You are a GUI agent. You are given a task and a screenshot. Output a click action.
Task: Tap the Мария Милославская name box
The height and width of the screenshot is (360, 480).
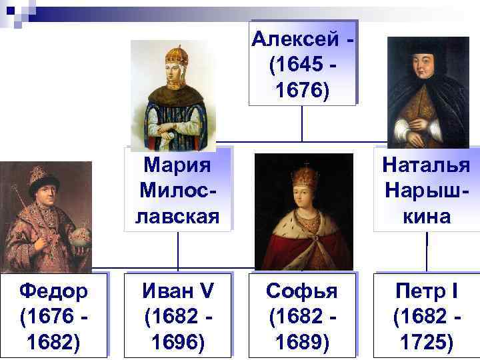177,189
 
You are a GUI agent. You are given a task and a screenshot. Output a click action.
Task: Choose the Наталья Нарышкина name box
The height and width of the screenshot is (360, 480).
427,189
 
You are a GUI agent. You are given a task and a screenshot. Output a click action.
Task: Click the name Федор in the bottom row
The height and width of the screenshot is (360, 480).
53,291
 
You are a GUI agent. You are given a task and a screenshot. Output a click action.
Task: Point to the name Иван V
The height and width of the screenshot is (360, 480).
177,291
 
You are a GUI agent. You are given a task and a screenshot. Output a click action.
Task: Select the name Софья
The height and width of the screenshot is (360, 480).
301,291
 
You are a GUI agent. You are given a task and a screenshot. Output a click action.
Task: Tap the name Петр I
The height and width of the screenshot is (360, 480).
427,291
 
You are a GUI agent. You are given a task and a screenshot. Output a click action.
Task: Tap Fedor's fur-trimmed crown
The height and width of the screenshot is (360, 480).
41,177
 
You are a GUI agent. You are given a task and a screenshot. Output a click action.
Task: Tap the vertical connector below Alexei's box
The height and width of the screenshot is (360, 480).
302,123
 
